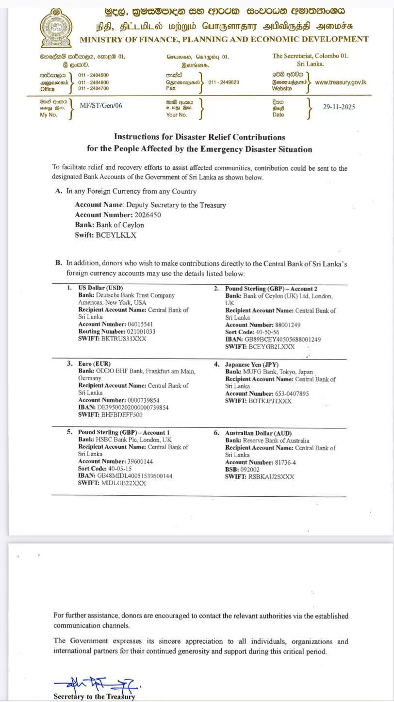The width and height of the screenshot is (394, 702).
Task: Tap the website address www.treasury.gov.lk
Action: pyautogui.click(x=341, y=82)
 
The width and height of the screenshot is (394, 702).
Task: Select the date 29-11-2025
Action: pyautogui.click(x=339, y=107)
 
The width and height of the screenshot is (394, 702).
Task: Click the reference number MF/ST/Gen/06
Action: pyautogui.click(x=101, y=105)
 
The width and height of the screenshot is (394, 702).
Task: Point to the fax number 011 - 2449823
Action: pyautogui.click(x=224, y=82)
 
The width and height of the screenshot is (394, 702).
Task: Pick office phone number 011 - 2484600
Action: pyautogui.click(x=93, y=82)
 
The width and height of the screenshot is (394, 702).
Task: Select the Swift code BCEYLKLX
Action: pyautogui.click(x=116, y=235)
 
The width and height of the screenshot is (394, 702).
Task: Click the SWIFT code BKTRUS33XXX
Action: pyautogui.click(x=123, y=339)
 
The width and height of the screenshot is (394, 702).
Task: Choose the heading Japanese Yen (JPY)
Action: pyautogui.click(x=252, y=364)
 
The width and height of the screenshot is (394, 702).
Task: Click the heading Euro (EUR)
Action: pyautogui.click(x=94, y=363)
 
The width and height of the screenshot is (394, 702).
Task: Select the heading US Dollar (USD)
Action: pyautogui.click(x=100, y=288)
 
